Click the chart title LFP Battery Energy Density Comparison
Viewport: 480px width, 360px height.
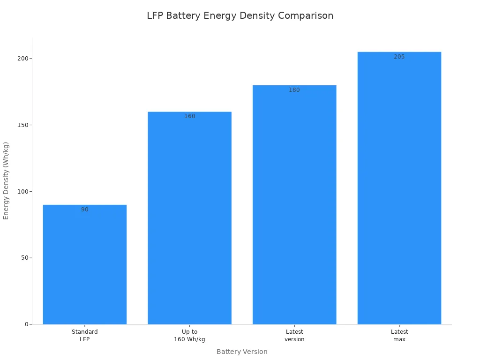240,15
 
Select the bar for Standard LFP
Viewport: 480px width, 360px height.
85,265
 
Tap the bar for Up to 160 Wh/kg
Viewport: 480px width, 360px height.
189,218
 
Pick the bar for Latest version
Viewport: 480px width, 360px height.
294,205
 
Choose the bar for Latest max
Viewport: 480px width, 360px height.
399,188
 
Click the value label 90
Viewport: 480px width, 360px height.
85,210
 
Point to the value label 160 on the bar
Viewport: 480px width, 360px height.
189,116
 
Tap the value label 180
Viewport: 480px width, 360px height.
294,90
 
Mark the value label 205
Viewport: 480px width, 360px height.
399,57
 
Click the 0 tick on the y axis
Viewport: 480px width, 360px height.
26,324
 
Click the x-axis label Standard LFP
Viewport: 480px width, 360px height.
85,336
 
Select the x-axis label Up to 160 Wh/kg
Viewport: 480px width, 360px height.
189,336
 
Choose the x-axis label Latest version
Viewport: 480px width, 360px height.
294,336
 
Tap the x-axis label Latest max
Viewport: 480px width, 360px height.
399,336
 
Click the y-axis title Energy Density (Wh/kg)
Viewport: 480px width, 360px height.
6,180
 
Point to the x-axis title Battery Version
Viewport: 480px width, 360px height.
242,352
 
